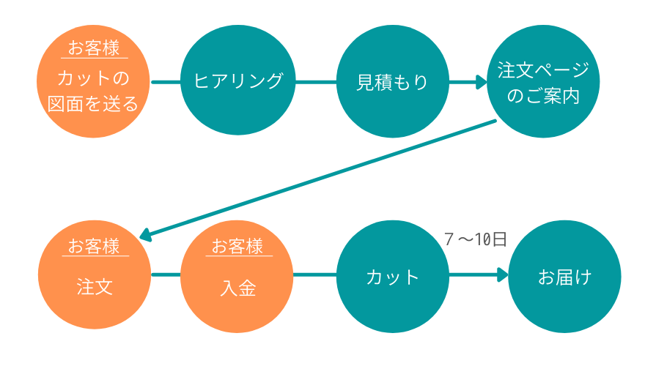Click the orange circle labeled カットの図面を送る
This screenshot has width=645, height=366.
pos(93,91)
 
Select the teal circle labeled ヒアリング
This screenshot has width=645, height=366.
pos(237,81)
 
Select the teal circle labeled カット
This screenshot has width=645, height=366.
pos(392,277)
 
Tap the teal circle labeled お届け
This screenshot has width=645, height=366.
pos(564,277)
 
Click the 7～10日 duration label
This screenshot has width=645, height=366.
pos(476,240)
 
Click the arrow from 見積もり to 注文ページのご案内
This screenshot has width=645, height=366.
pos(467,81)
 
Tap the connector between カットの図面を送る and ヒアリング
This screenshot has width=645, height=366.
pos(165,81)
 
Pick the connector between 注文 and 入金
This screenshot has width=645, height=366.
pos(165,275)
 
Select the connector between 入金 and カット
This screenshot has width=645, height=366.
pos(314,275)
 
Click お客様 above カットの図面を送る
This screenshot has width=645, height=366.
pos(93,49)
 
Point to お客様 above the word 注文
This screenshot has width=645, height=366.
pos(94,246)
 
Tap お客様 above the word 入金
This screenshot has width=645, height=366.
pos(237,246)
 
